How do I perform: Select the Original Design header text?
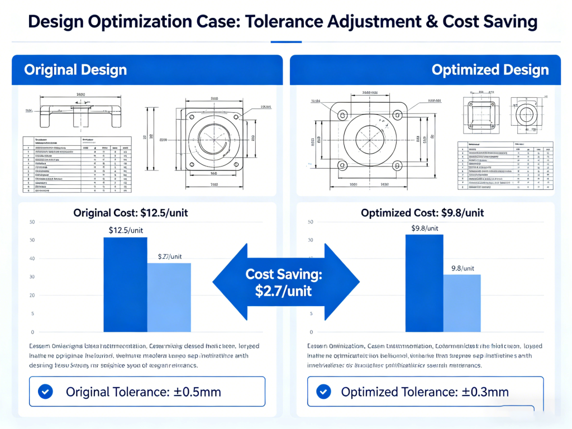click(x=75, y=70)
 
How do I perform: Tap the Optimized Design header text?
click(x=490, y=70)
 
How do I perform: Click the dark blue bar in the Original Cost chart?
click(x=125, y=285)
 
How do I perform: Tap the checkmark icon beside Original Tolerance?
click(x=45, y=392)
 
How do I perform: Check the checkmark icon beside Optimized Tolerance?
click(x=323, y=392)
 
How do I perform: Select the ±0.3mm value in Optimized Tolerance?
click(x=484, y=392)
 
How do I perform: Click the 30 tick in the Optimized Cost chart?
click(x=311, y=277)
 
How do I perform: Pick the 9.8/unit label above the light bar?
click(x=463, y=268)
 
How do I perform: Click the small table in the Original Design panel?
click(x=77, y=164)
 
